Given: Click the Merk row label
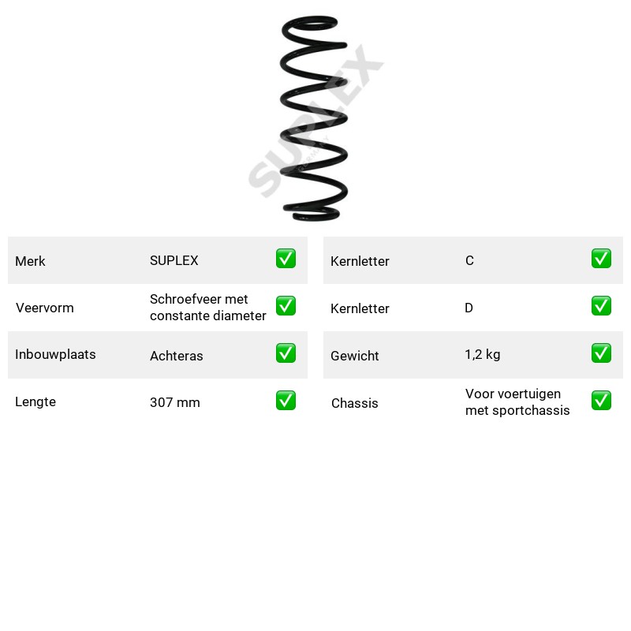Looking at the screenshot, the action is [x=30, y=261].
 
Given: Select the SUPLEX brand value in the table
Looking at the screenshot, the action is [x=174, y=260].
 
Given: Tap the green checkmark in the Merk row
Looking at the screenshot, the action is [x=286, y=259].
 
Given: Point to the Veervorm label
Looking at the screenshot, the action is [x=45, y=308].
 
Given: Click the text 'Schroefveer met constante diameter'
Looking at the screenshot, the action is [x=208, y=308].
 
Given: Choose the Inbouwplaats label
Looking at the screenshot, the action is [x=55, y=354].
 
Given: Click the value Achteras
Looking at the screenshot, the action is [x=176, y=356].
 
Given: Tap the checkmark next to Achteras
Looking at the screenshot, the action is [x=286, y=353].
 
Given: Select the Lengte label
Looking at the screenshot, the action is [x=35, y=401].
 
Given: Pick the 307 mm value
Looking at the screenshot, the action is [x=174, y=402].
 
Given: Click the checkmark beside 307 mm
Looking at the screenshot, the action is [x=286, y=401].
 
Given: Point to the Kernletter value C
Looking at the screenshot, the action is [x=469, y=260].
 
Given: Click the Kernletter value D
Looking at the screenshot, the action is [x=469, y=308].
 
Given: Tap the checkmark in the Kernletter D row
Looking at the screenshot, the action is [x=601, y=306].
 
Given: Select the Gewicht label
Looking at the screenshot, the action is [x=354, y=356].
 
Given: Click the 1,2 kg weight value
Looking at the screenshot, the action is [x=483, y=354].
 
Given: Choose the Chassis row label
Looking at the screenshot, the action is [x=354, y=403].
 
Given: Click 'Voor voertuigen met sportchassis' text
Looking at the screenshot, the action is [x=517, y=402].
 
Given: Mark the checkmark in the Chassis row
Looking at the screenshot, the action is [x=601, y=401].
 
